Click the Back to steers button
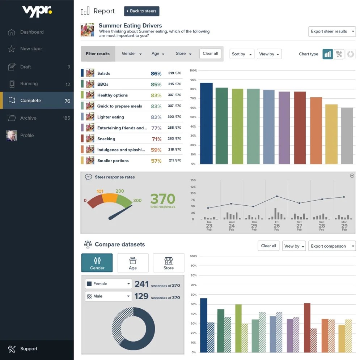pyautogui.click(x=141, y=11)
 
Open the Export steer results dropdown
pyautogui.click(x=332, y=31)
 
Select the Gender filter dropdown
pyautogui.click(x=131, y=54)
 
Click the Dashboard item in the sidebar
pyautogui.click(x=32, y=32)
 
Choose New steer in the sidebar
pyautogui.click(x=31, y=49)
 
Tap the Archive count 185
pyautogui.click(x=66, y=118)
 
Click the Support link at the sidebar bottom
pyautogui.click(x=29, y=349)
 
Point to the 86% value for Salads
pyautogui.click(x=156, y=74)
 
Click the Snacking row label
pyautogui.click(x=106, y=139)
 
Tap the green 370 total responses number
pyautogui.click(x=162, y=199)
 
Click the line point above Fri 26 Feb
pyautogui.click(x=277, y=196)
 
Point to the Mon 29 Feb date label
pyautogui.click(x=344, y=226)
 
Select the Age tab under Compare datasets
pyautogui.click(x=133, y=263)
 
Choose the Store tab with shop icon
pyautogui.click(x=169, y=263)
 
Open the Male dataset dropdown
pyautogui.click(x=108, y=296)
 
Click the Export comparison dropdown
pyautogui.click(x=332, y=246)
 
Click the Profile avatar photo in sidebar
pyautogui.click(x=12, y=136)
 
